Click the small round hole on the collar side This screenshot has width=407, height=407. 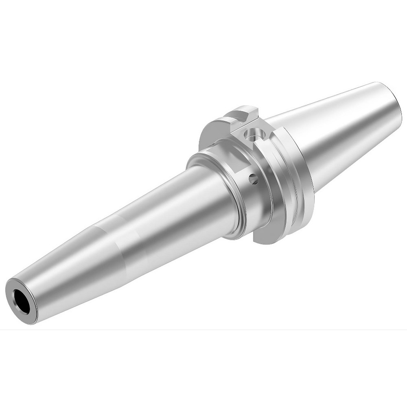coord(253,178)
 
